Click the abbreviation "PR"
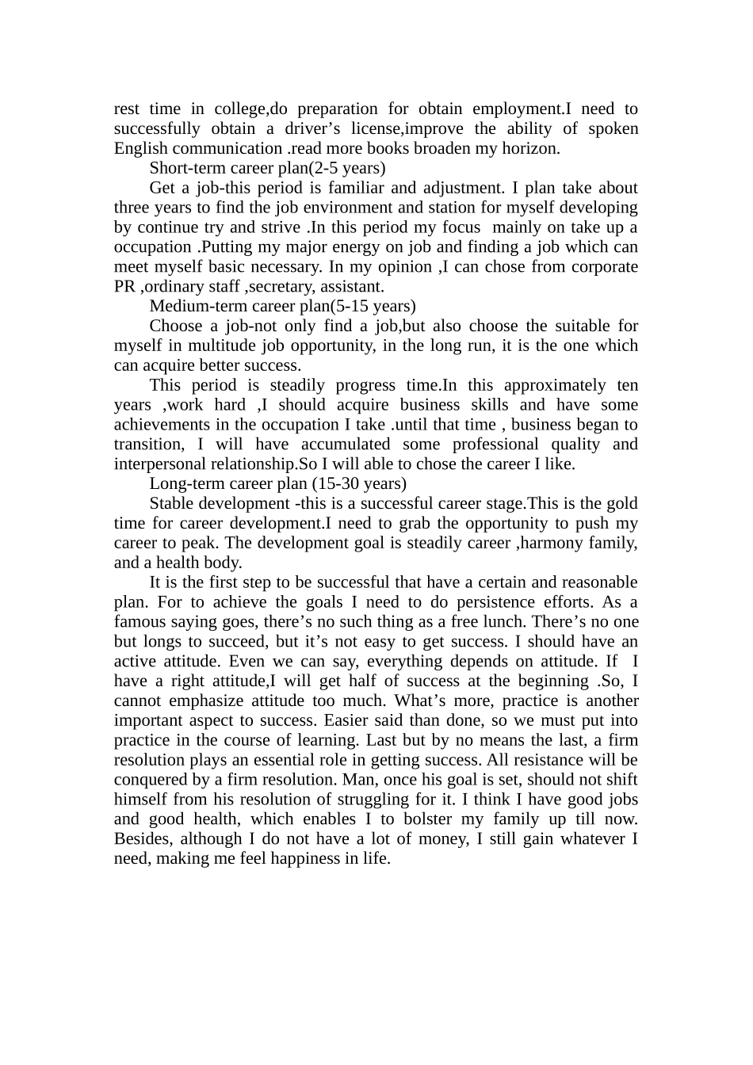(124, 287)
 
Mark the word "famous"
(140, 622)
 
